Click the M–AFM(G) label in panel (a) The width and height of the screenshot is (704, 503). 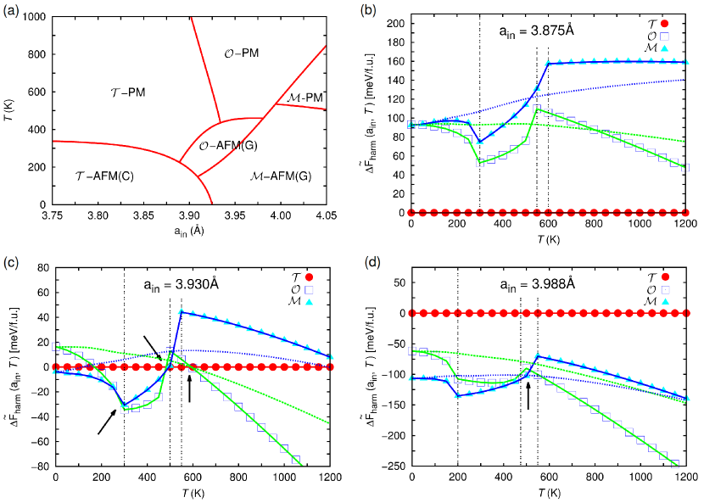point(285,176)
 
